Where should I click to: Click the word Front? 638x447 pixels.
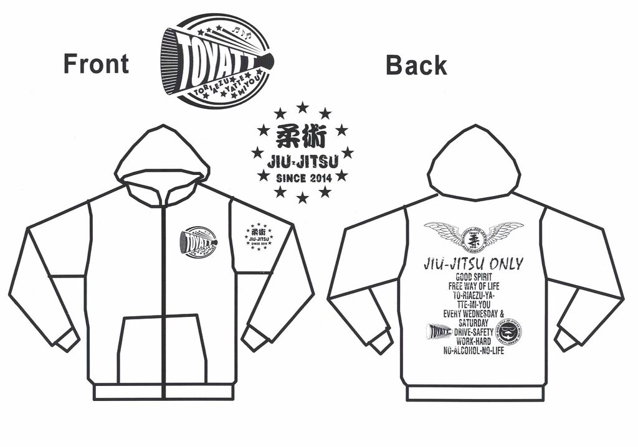pyautogui.click(x=96, y=64)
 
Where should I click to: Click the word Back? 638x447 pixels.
pyautogui.click(x=416, y=65)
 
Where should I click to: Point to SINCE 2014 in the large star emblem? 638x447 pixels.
pyautogui.click(x=302, y=177)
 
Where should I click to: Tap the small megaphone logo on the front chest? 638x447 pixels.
pyautogui.click(x=198, y=240)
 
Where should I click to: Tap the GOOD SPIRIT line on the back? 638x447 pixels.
pyautogui.click(x=473, y=277)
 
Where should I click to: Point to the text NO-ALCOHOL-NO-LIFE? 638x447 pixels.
pyautogui.click(x=473, y=351)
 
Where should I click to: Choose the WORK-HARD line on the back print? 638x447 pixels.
pyautogui.click(x=473, y=342)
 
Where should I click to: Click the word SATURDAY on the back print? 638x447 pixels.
pyautogui.click(x=473, y=323)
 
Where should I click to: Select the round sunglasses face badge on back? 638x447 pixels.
pyautogui.click(x=510, y=331)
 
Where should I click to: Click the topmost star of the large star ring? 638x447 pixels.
pyautogui.click(x=302, y=108)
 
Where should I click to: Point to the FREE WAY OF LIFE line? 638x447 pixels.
pyautogui.click(x=473, y=286)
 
